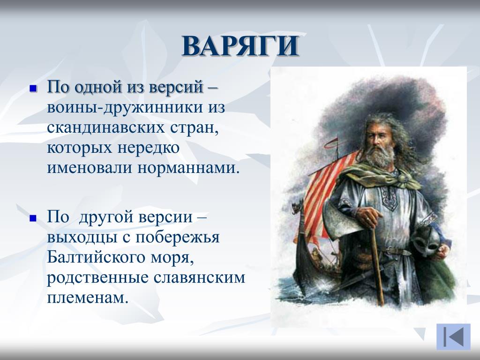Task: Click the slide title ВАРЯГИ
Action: point(240,46)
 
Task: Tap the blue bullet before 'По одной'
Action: point(33,89)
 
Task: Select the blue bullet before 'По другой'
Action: point(33,218)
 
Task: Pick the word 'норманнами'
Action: point(188,168)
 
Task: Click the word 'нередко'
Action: point(149,148)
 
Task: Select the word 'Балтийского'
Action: point(96,257)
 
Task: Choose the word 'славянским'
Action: point(199,277)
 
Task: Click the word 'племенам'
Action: point(87,297)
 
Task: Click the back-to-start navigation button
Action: point(453,337)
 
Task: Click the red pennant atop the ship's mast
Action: point(331,143)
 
